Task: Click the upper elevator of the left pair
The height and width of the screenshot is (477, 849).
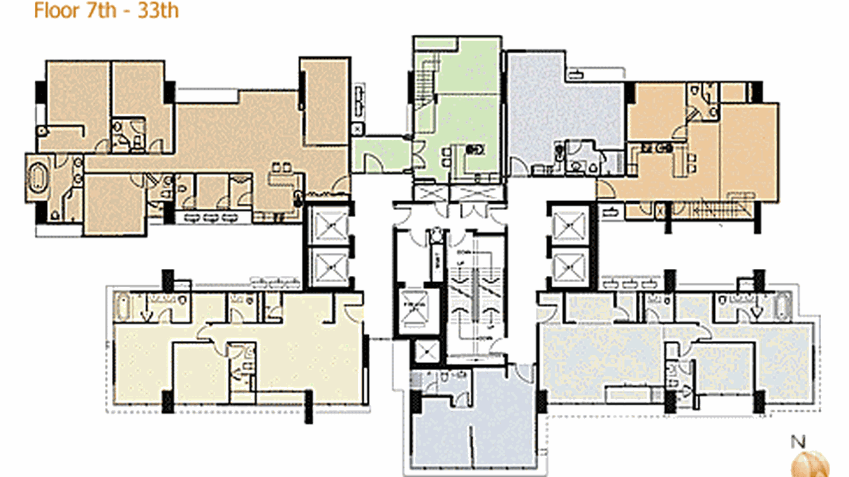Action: [x=328, y=225]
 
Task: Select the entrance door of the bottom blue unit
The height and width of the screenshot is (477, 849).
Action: [x=523, y=373]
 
